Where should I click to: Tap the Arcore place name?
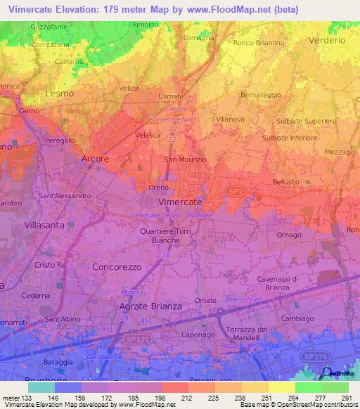coord(96,159)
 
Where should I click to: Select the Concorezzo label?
coord(117,267)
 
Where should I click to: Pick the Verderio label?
coord(327,41)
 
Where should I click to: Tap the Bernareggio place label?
coord(261,93)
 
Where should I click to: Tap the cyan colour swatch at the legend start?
coord(41,387)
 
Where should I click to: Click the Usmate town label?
coord(171,96)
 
